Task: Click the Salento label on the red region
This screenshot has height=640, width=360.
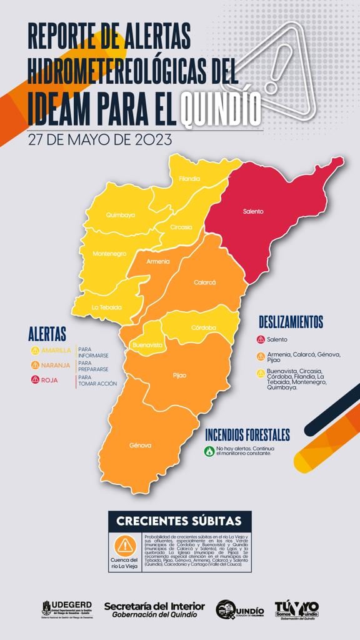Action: pos(253,211)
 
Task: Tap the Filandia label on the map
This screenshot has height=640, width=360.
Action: pos(189,179)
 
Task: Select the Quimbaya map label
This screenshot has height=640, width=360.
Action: pos(121,215)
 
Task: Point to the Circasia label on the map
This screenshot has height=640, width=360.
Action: pos(181,227)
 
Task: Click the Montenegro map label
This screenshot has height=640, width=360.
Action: pos(109,253)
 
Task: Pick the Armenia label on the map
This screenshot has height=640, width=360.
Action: pos(157,261)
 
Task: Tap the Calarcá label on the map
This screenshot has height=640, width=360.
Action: pos(204,282)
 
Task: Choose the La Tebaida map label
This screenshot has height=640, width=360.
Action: pos(106,307)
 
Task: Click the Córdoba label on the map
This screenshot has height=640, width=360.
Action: pos(204,327)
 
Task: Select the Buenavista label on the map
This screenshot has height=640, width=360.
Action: pos(147,344)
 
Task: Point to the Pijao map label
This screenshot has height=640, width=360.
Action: pos(179,375)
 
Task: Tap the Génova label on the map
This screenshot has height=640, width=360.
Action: pos(141,445)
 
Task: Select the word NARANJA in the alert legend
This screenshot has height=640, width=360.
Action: pos(56,365)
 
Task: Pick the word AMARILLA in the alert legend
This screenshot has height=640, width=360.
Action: pos(56,350)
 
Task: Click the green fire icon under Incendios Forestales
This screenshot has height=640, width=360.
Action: pos(209,451)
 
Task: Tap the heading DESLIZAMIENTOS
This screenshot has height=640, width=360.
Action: pos(291,322)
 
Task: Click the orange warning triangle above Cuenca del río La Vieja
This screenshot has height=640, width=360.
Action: pos(126,546)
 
